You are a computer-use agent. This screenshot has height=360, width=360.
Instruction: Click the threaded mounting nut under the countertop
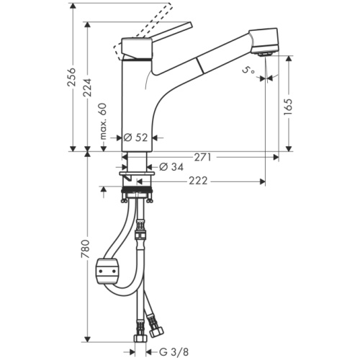click(140, 192)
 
